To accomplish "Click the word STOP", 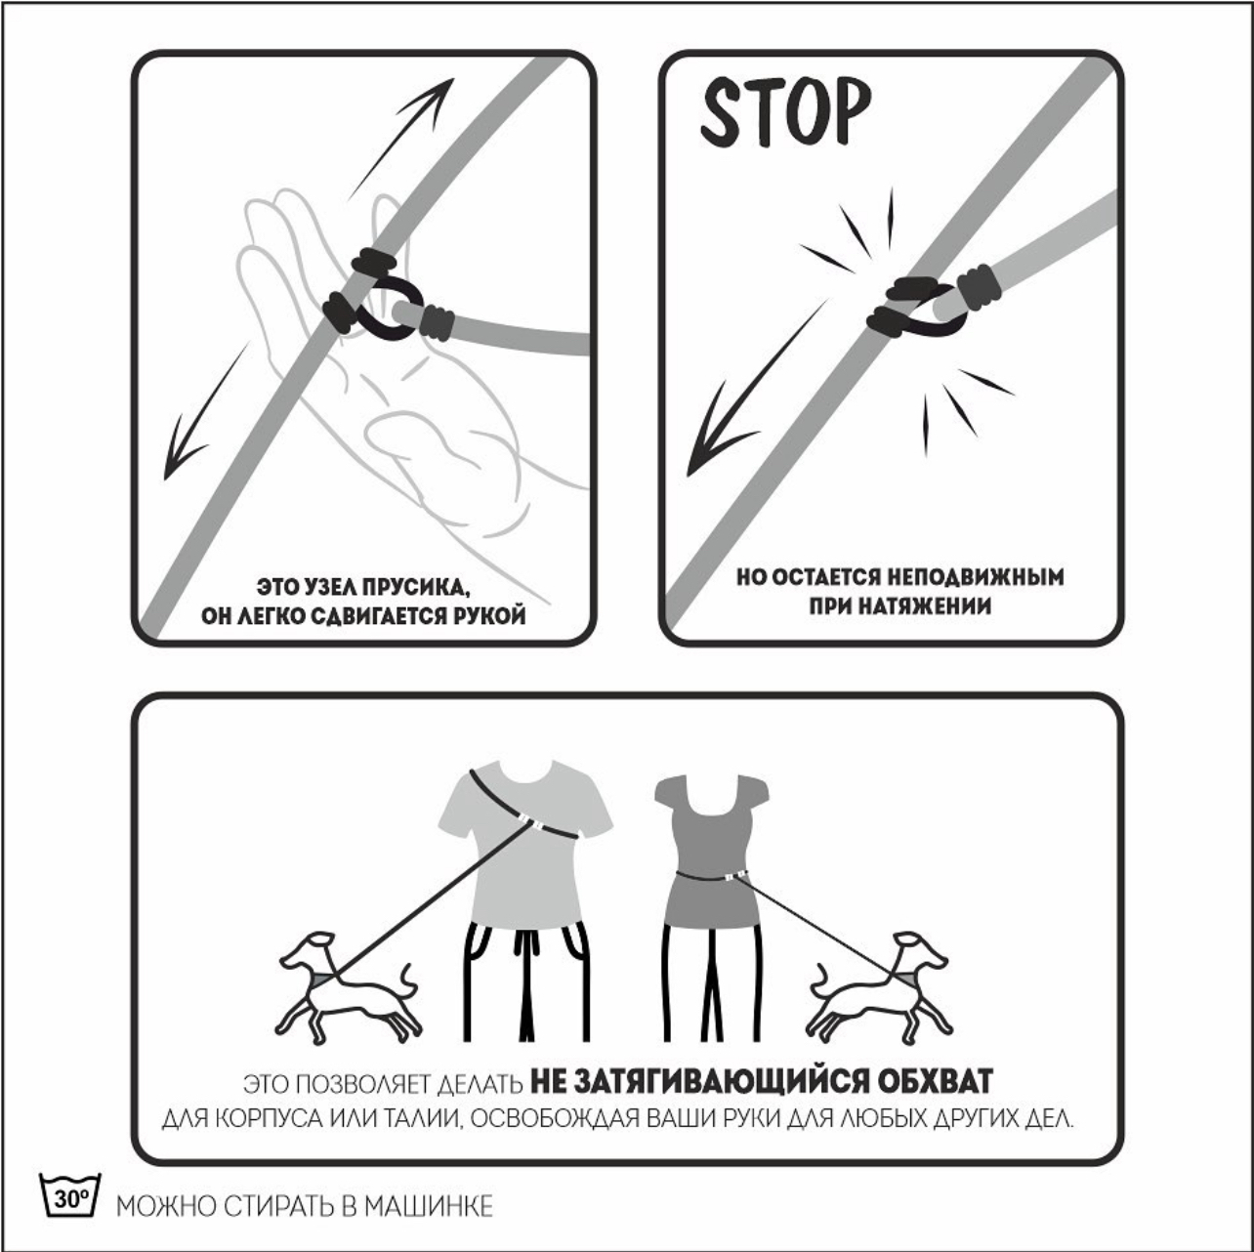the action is pyautogui.click(x=785, y=112).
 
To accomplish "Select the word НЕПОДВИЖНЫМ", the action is pyautogui.click(x=976, y=577).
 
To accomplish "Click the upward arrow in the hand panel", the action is pyautogui.click(x=400, y=139).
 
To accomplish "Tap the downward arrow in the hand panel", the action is pyautogui.click(x=206, y=411).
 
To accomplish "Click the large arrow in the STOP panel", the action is pyautogui.click(x=756, y=388).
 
